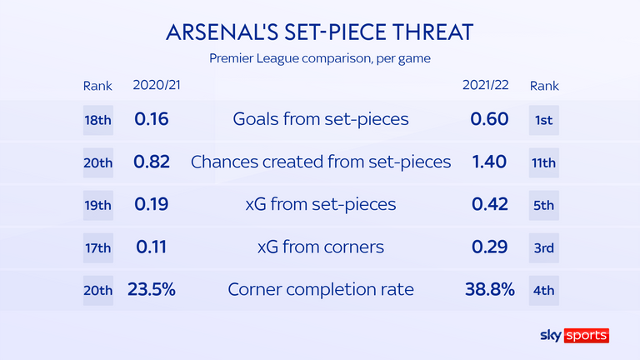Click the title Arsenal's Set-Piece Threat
pos(320,32)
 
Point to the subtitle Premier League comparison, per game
pos(320,58)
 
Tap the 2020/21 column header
pos(157,85)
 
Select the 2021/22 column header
pos(485,85)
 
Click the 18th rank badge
pos(98,120)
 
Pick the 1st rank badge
pos(543,120)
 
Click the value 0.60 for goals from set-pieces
pos(489,119)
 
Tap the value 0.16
pos(152,119)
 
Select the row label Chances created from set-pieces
pos(321,162)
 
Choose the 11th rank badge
pos(543,162)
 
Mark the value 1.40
pos(489,162)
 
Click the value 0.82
pos(152,162)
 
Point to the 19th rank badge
pos(98,205)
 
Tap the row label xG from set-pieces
pos(321,204)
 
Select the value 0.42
pos(490,204)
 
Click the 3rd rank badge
pos(543,247)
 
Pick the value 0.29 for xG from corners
pos(490,247)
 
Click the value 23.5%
pos(152,289)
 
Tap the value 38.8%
pos(490,289)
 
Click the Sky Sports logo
pos(575,336)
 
